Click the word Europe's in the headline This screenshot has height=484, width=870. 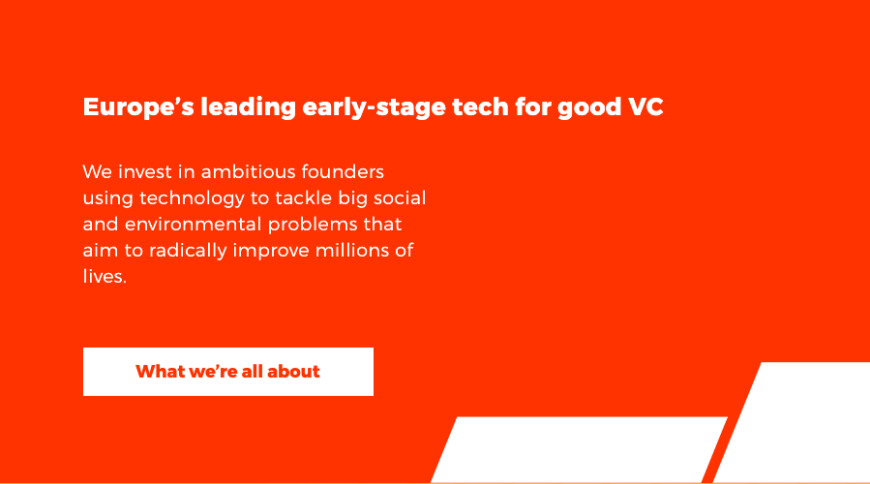coord(138,107)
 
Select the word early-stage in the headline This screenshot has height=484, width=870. coord(374,107)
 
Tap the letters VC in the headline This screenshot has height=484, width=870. coord(645,107)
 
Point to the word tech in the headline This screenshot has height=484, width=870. coord(480,106)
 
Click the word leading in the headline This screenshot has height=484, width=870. coord(248,107)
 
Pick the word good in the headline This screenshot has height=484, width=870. coord(589,107)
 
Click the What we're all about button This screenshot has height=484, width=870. coord(228,372)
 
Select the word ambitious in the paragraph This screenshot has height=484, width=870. coord(248,171)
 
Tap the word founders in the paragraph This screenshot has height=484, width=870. coord(343,171)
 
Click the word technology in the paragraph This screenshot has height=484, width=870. coord(192,198)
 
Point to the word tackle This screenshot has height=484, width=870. coord(304,197)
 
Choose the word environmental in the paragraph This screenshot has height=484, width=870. coord(194,225)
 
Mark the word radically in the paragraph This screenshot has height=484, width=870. coord(188,251)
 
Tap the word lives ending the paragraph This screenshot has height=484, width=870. coord(103,277)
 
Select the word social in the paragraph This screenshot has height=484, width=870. coord(400,197)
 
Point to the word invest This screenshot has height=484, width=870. coord(145,171)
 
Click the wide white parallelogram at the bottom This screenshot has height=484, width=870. coord(580,449)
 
